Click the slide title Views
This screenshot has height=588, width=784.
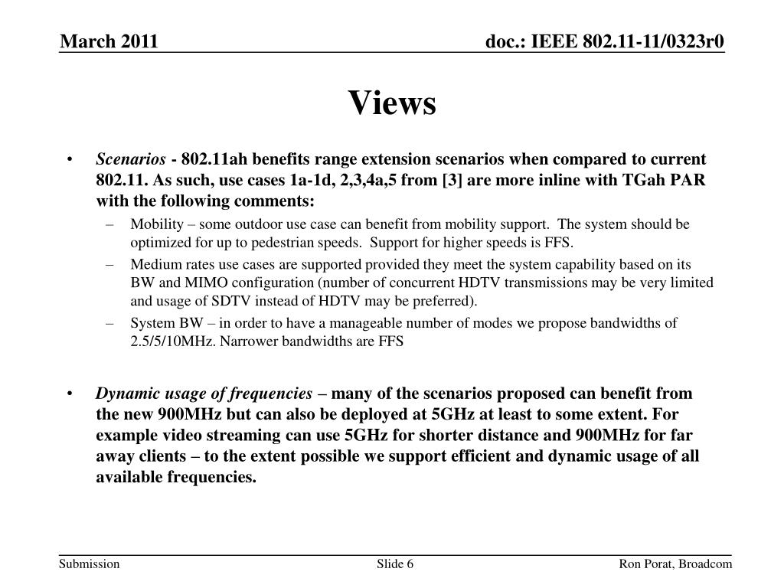coord(392,103)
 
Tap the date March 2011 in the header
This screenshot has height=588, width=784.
coord(109,41)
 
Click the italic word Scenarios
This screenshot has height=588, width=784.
coord(131,159)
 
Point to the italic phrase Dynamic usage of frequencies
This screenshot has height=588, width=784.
coord(204,394)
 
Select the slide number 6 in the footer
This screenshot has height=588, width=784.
coord(410,564)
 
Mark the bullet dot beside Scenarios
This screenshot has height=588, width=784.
coord(70,160)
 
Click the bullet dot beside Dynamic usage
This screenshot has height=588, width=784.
coord(70,394)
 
